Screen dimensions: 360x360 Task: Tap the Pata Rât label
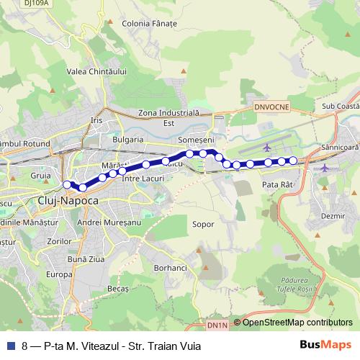pyautogui.click(x=277, y=185)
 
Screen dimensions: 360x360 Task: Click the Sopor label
pyautogui.click(x=203, y=224)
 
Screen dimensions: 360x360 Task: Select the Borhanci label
pyautogui.click(x=171, y=267)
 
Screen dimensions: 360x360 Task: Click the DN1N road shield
pyautogui.click(x=217, y=325)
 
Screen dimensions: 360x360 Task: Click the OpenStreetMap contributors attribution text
pyautogui.click(x=297, y=323)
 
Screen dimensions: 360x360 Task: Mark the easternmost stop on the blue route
pyautogui.click(x=292, y=161)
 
